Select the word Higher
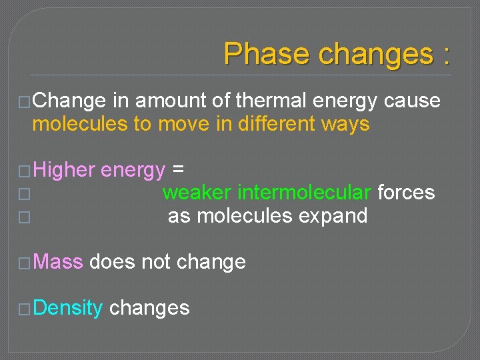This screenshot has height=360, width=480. pyautogui.click(x=64, y=171)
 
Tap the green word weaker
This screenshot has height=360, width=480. pyautogui.click(x=197, y=193)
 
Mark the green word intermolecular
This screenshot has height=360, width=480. pyautogui.click(x=305, y=193)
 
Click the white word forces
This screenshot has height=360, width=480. pyautogui.click(x=406, y=193)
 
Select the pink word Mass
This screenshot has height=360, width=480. pyautogui.click(x=57, y=262)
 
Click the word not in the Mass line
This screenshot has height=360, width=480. pyautogui.click(x=156, y=262)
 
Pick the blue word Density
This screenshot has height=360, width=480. pyautogui.click(x=67, y=308)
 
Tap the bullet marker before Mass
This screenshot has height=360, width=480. pyautogui.click(x=25, y=263)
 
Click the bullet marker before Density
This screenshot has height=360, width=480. pyautogui.click(x=25, y=309)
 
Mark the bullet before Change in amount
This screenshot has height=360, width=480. pyautogui.click(x=25, y=101)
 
